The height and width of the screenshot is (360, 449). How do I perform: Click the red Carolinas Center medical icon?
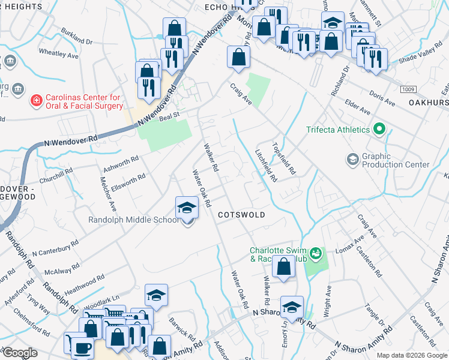37,100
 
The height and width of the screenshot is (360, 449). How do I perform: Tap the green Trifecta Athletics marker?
379,129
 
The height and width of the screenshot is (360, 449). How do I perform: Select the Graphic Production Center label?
396,160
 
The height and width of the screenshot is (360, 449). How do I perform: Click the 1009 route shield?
409,89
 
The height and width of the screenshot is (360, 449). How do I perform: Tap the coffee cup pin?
82,347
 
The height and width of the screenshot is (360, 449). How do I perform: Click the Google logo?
20,353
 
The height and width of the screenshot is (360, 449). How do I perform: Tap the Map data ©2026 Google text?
411,355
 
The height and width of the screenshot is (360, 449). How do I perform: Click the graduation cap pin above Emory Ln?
292,308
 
